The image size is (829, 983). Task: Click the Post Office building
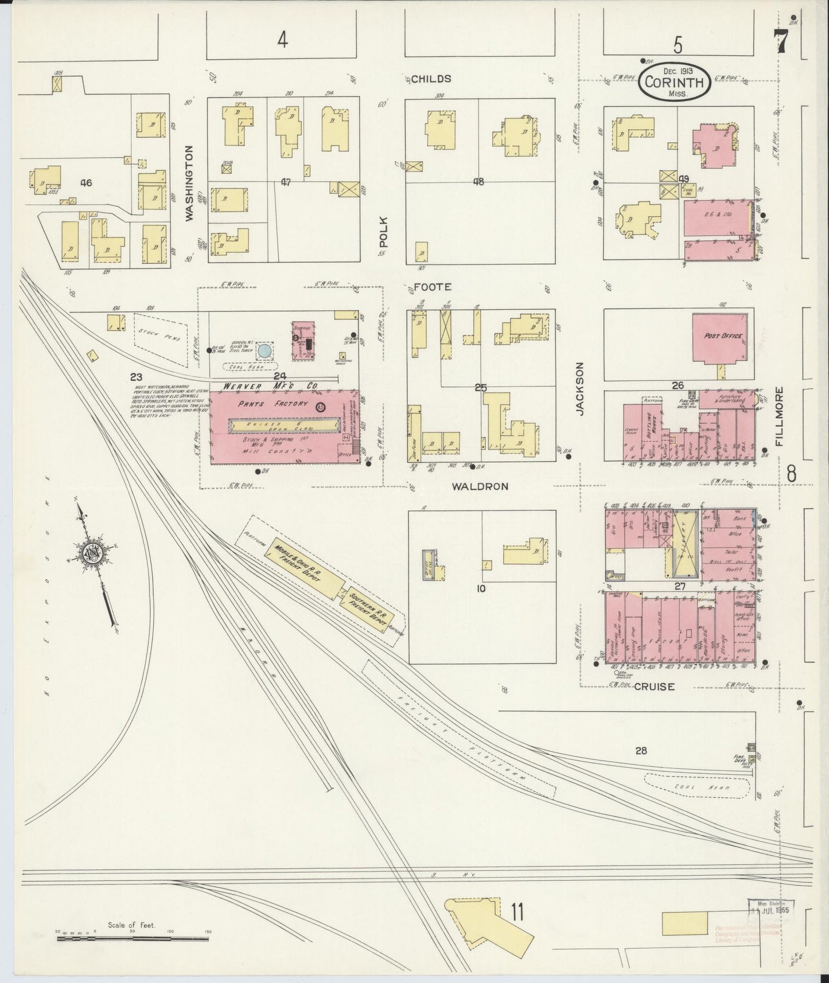click(x=722, y=337)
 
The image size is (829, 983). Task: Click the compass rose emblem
click(x=91, y=552)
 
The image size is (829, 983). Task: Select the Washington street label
click(x=189, y=182)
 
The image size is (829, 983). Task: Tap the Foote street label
click(x=433, y=287)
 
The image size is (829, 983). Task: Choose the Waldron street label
click(x=480, y=486)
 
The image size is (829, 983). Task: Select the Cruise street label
click(x=655, y=686)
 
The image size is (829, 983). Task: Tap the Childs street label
click(x=431, y=79)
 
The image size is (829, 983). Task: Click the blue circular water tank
click(x=264, y=350)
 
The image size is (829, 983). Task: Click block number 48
click(x=478, y=182)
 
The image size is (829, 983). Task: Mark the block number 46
click(x=86, y=183)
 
